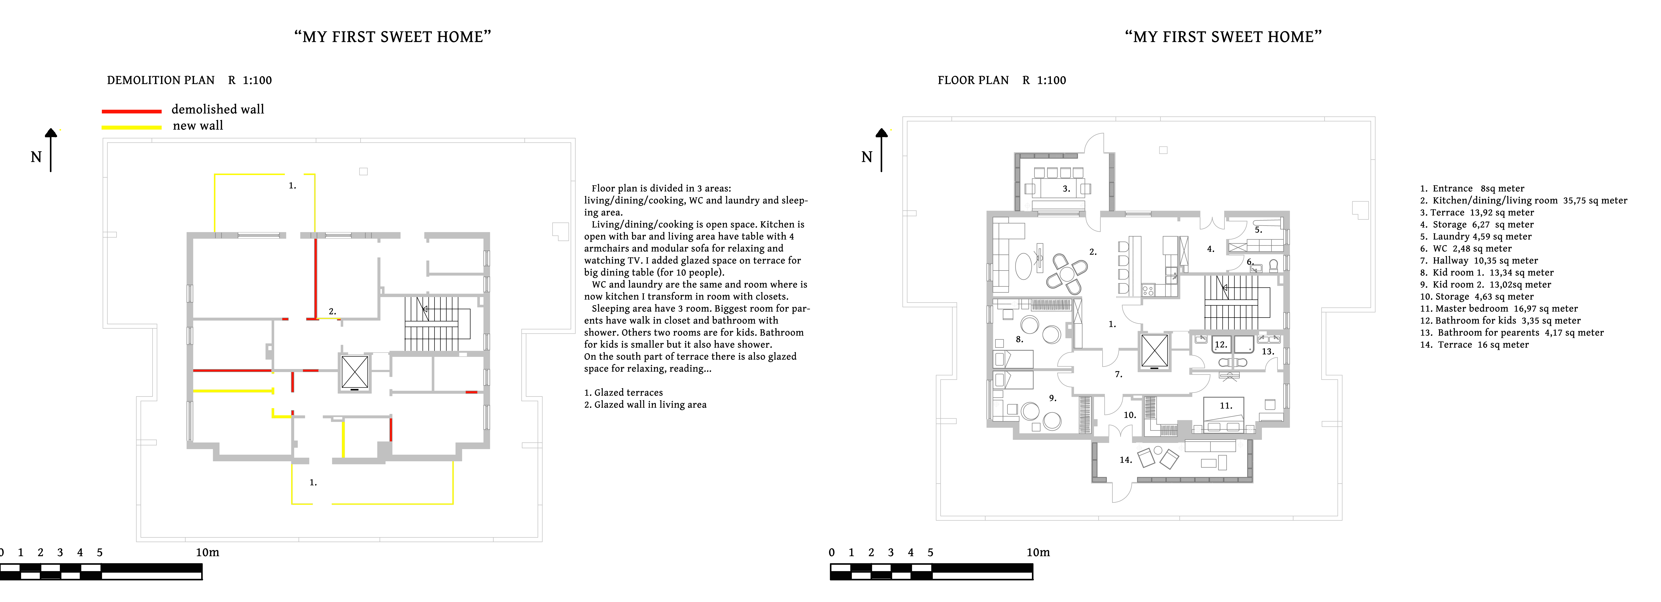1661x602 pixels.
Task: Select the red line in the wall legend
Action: [x=132, y=111]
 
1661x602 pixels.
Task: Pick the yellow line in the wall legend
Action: [x=132, y=127]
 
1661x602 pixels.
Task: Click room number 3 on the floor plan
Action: [x=1066, y=189]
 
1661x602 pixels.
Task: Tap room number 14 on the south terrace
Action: [x=1125, y=460]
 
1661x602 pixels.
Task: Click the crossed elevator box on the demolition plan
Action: [x=355, y=373]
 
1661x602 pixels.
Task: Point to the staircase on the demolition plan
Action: [x=432, y=323]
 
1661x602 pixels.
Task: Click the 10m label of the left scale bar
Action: [x=208, y=552]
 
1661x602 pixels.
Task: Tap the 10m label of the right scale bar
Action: [x=1038, y=552]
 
